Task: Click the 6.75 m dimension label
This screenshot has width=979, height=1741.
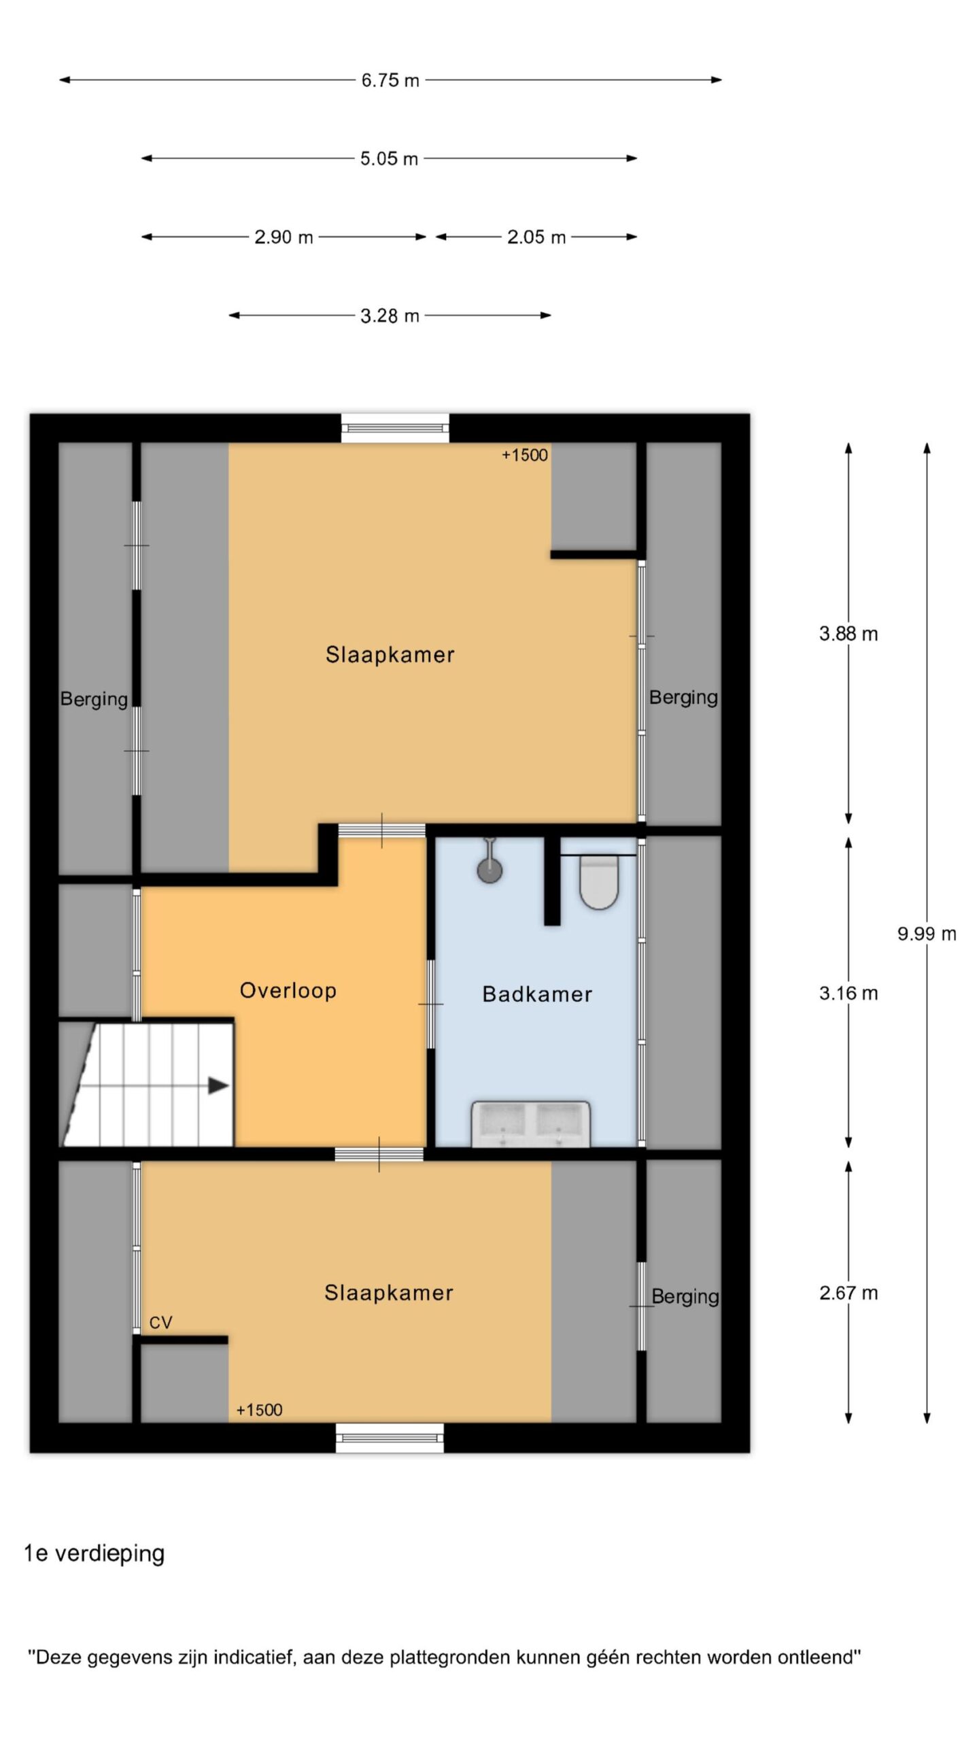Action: [390, 80]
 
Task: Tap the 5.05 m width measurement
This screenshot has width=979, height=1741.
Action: [389, 158]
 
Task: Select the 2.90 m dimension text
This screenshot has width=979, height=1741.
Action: [284, 237]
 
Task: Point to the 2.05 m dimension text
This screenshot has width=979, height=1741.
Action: [536, 237]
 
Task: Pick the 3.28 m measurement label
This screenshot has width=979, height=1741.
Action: [390, 316]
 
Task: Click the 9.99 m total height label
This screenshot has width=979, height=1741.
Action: [927, 934]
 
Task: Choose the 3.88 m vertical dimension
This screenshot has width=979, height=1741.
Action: [848, 634]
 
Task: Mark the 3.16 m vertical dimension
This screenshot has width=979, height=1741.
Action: [848, 993]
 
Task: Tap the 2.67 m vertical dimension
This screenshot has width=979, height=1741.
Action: [848, 1293]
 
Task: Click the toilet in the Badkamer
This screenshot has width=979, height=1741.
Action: [599, 881]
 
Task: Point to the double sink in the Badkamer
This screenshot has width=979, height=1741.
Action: [531, 1124]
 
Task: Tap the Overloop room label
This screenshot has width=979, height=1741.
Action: [288, 990]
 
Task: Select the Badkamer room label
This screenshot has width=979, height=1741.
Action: [537, 994]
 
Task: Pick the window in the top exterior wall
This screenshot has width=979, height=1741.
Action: [395, 428]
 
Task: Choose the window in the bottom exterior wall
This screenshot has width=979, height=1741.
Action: [390, 1438]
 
